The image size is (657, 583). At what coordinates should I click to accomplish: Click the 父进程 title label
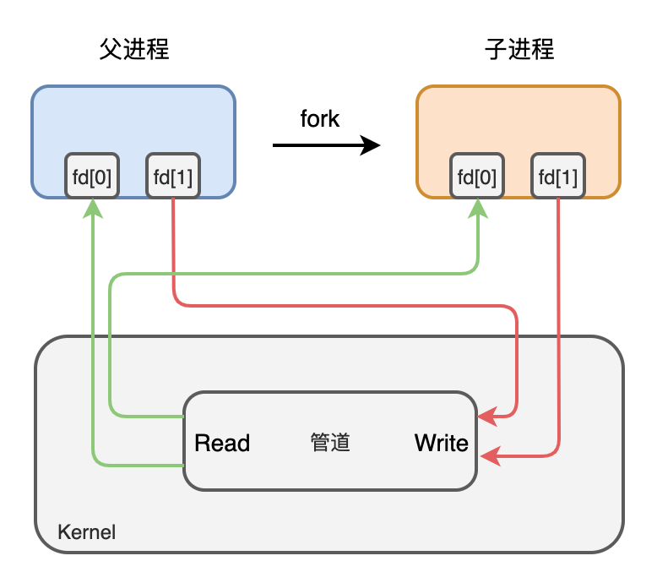tap(134, 50)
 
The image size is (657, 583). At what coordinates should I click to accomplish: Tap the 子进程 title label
tap(519, 50)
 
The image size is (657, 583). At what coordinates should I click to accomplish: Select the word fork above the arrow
tap(320, 119)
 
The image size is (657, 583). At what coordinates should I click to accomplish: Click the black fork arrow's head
tap(371, 145)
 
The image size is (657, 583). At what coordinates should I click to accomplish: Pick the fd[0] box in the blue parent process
tap(92, 177)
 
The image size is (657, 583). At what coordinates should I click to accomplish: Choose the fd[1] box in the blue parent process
tap(173, 177)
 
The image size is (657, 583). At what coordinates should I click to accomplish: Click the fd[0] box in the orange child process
tap(477, 177)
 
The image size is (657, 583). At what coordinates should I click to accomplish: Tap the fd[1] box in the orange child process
tap(558, 177)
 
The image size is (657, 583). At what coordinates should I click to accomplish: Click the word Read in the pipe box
tap(222, 443)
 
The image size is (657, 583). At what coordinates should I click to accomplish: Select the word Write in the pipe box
tap(441, 443)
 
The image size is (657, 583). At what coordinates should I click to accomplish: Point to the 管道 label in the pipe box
tap(330, 443)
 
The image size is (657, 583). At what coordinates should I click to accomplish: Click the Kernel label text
tap(86, 532)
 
